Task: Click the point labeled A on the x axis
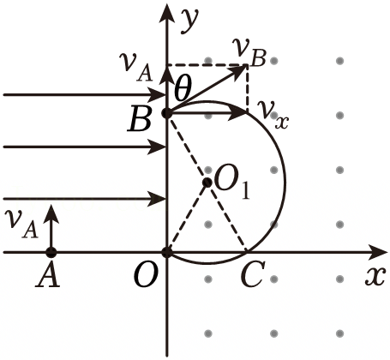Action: [x=51, y=253]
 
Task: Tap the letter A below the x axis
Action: [x=48, y=277]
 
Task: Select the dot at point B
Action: [x=166, y=113]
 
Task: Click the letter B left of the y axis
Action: [x=140, y=120]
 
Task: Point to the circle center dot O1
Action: [x=207, y=183]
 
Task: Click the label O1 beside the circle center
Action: [x=231, y=184]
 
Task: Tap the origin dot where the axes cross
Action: [x=166, y=253]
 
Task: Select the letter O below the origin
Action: [x=146, y=277]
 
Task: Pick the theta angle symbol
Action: [x=183, y=88]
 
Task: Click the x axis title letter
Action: [x=375, y=277]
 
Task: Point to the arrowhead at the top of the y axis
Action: [x=166, y=13]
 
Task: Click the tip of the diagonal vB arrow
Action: [x=246, y=66]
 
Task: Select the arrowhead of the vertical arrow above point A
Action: [x=51, y=213]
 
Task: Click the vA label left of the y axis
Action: [x=135, y=68]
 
